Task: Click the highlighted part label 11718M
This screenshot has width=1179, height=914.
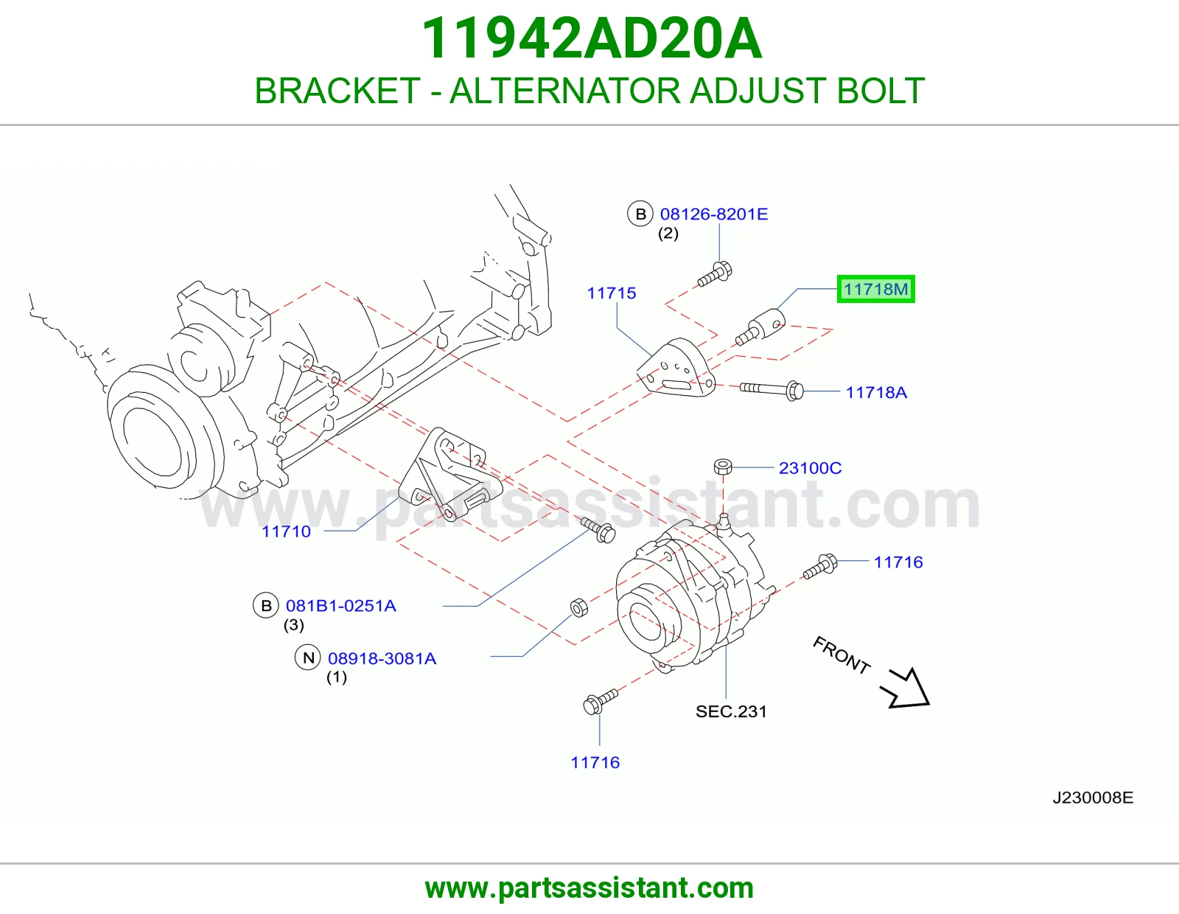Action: [875, 289]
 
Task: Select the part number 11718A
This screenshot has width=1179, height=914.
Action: [876, 392]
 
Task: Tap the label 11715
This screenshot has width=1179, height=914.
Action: [612, 293]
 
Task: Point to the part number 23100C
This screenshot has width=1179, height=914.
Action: [810, 468]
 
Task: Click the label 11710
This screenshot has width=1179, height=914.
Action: [287, 531]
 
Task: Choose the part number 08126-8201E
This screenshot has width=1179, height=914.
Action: [714, 214]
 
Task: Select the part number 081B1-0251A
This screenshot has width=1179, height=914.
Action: [340, 606]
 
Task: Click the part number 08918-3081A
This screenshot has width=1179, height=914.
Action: [382, 658]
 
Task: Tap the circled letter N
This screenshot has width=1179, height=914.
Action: [308, 657]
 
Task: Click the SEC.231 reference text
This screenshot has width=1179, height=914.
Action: [732, 711]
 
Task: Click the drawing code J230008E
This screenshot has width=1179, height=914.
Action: [1093, 798]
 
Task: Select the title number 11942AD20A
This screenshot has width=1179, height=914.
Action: [592, 38]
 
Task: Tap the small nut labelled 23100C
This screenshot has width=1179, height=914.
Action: [723, 467]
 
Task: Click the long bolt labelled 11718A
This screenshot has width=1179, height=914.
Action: [772, 389]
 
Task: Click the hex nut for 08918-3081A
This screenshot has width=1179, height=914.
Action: [579, 608]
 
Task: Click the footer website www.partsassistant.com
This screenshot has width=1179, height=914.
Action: [589, 888]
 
